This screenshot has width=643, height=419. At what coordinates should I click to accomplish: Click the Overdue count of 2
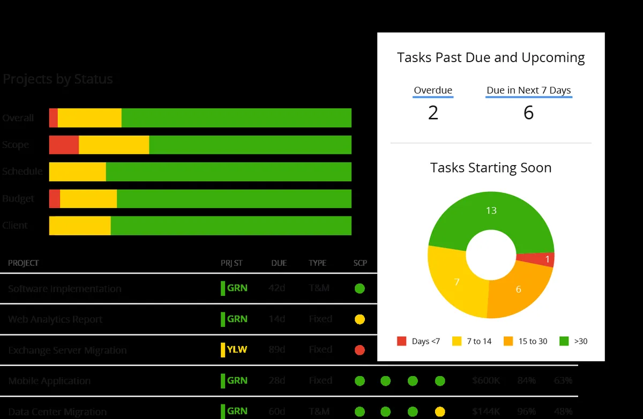433,113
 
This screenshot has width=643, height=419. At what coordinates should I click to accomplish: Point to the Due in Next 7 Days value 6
528,113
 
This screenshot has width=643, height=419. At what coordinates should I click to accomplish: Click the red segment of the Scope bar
64,145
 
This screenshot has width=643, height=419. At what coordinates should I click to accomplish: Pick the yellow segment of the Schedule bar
77,171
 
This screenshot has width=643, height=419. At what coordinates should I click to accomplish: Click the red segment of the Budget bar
54,198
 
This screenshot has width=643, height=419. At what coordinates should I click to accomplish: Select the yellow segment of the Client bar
80,226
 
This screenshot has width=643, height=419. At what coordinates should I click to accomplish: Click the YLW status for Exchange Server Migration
237,350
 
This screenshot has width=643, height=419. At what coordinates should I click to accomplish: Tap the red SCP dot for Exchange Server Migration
360,350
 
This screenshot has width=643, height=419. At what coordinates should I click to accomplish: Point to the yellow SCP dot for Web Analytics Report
360,319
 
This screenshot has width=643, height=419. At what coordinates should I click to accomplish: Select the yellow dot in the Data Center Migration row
440,411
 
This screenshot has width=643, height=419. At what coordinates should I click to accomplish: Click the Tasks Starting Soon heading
490,168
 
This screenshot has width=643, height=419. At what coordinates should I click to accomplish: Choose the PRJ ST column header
231,263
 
